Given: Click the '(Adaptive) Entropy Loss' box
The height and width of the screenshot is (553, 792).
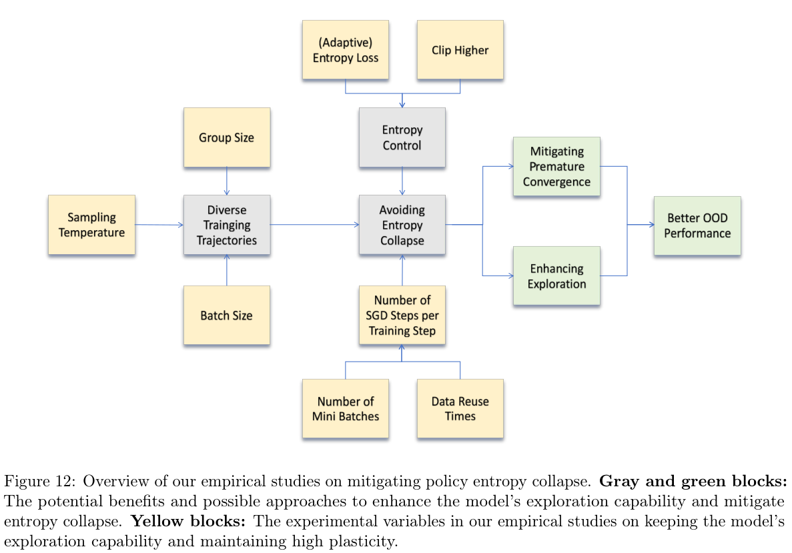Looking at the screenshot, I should point(345,50).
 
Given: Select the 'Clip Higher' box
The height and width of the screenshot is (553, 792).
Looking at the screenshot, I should point(460,50).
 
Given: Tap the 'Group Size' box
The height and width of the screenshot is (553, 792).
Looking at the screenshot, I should point(227,137).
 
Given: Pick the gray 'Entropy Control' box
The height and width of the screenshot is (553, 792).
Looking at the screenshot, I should point(402,137).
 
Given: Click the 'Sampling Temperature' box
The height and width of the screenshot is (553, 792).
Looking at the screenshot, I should point(91,225).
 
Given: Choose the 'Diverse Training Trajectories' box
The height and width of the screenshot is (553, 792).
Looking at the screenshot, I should point(227,225).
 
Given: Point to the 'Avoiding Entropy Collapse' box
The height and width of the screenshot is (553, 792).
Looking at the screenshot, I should point(402,225).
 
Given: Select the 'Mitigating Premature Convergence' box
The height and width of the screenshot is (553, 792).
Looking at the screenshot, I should point(556,167).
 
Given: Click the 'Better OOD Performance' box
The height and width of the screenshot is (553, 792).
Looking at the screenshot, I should point(697,225).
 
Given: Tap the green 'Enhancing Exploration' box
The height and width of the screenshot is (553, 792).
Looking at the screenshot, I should point(556,276).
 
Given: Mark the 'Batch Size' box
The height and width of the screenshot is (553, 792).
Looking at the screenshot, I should point(227,315).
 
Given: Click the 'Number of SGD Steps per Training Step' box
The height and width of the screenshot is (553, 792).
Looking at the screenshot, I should point(402,315).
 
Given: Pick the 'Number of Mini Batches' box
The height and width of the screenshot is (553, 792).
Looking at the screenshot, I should point(345,408).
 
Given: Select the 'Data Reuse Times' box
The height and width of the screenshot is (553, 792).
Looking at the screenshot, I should point(460,408).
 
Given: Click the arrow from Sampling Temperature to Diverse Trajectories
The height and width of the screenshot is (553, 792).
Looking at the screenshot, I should point(159,225).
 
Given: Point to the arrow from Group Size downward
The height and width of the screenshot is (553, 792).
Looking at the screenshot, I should point(227,181).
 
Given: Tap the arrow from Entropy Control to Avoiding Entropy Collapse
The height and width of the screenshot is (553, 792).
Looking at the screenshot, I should point(402,181).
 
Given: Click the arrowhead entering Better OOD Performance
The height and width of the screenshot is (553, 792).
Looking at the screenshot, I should point(651,225).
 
